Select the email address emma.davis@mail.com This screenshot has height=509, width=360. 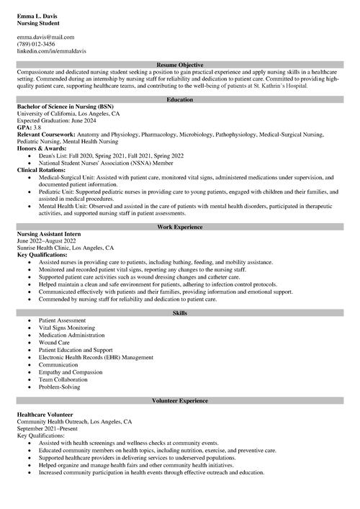coord(45,37)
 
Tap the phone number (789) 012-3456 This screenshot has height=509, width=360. coord(36,44)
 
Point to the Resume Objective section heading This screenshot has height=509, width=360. coord(180,65)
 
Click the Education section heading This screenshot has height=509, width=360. coord(180,99)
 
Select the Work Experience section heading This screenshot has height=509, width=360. coord(180,227)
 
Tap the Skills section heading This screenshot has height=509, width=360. coord(180,312)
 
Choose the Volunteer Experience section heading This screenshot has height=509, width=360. coord(180,400)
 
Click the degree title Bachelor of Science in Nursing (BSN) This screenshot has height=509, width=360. coord(66,107)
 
